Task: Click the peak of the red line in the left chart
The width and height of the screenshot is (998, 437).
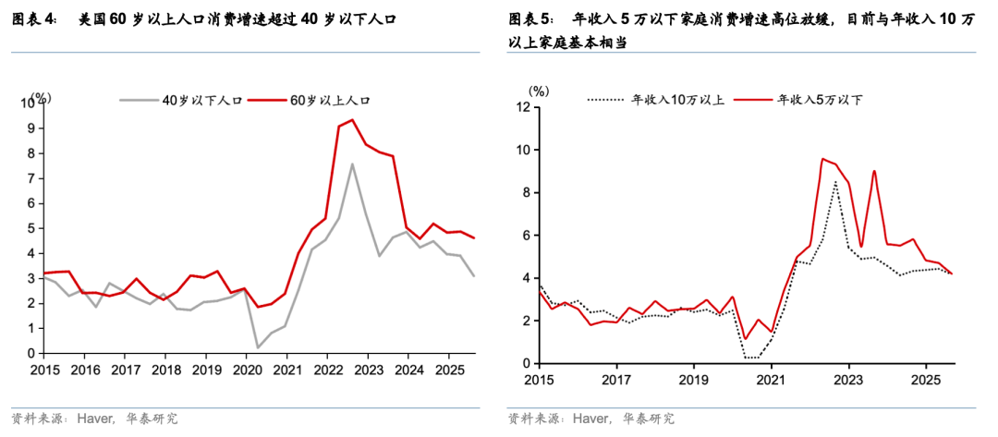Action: click(352, 120)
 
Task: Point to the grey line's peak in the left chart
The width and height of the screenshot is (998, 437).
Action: click(352, 164)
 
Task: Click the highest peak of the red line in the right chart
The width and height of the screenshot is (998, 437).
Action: click(822, 158)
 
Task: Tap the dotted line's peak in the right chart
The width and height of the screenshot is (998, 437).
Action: click(835, 182)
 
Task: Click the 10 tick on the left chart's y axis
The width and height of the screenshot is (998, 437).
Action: click(28, 103)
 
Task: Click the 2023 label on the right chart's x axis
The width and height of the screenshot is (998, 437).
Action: click(847, 379)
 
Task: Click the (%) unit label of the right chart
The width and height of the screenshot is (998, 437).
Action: click(539, 91)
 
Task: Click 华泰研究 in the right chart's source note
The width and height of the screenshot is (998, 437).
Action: click(649, 419)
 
